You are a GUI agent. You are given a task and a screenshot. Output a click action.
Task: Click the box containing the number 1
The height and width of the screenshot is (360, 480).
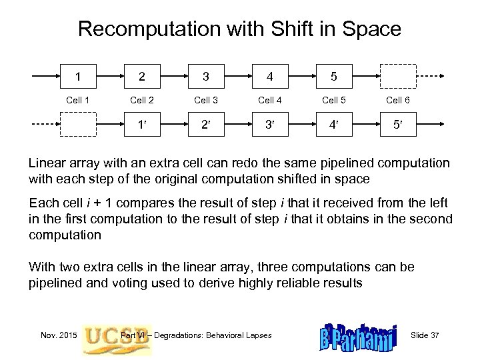(80, 75)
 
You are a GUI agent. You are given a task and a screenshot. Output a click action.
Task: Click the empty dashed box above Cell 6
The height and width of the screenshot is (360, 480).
(398, 76)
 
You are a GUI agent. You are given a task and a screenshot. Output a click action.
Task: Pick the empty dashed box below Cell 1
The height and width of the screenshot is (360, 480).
(80, 123)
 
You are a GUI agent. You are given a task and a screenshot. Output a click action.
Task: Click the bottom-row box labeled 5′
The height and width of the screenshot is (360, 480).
(398, 123)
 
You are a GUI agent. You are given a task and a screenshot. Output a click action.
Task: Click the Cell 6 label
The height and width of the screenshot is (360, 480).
(398, 100)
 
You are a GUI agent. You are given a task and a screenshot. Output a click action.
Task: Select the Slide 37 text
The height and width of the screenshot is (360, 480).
(426, 334)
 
